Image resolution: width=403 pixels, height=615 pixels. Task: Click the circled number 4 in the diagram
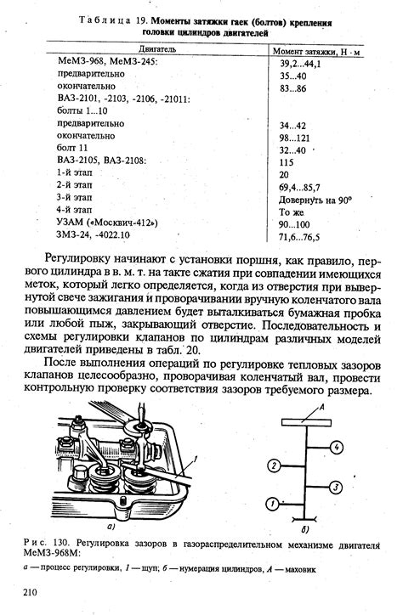(x=338, y=447)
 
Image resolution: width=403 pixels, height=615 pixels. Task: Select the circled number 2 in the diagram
(x=273, y=465)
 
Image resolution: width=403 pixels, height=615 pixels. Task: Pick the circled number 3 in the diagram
(x=337, y=487)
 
